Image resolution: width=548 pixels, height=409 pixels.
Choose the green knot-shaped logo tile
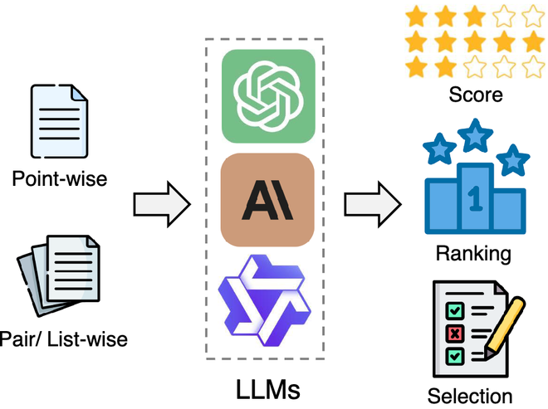pos(267,95)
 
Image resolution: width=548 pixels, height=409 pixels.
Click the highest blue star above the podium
pos(474,135)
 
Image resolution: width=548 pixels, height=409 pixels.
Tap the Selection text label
pos(470,396)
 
